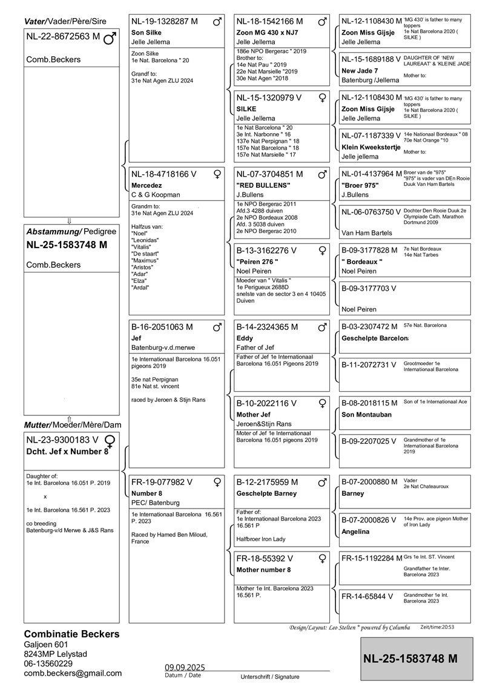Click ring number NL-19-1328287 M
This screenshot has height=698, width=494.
[164, 21]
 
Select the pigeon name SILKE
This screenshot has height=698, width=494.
[247, 108]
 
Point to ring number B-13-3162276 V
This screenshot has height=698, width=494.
[266, 250]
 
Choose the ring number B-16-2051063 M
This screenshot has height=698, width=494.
[162, 327]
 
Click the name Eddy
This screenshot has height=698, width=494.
[245, 338]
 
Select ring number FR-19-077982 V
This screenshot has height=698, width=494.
[162, 482]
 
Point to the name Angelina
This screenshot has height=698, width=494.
[357, 532]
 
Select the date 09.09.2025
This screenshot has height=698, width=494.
[185, 667]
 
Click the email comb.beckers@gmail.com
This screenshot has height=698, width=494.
[73, 673]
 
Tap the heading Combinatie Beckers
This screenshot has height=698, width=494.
[71, 634]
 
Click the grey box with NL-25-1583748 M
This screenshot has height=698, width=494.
[417, 658]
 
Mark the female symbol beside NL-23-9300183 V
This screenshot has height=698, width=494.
[110, 440]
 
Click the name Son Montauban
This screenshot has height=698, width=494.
[366, 415]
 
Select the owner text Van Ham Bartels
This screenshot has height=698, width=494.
[367, 232]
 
